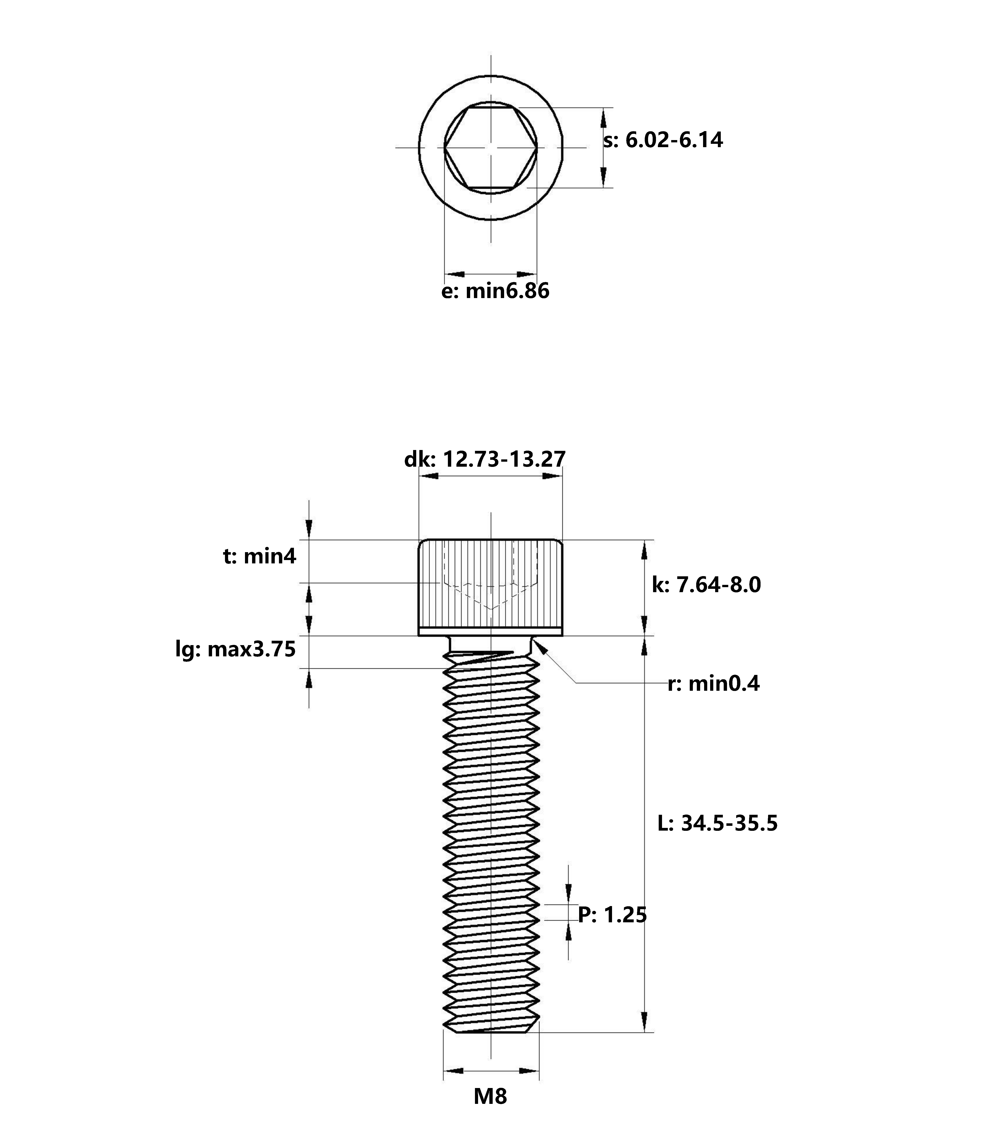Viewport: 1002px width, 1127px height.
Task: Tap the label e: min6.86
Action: point(495,291)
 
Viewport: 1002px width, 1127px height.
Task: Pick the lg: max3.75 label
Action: point(235,649)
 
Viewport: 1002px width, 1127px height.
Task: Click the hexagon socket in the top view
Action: point(491,148)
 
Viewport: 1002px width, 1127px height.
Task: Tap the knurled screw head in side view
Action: point(491,588)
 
